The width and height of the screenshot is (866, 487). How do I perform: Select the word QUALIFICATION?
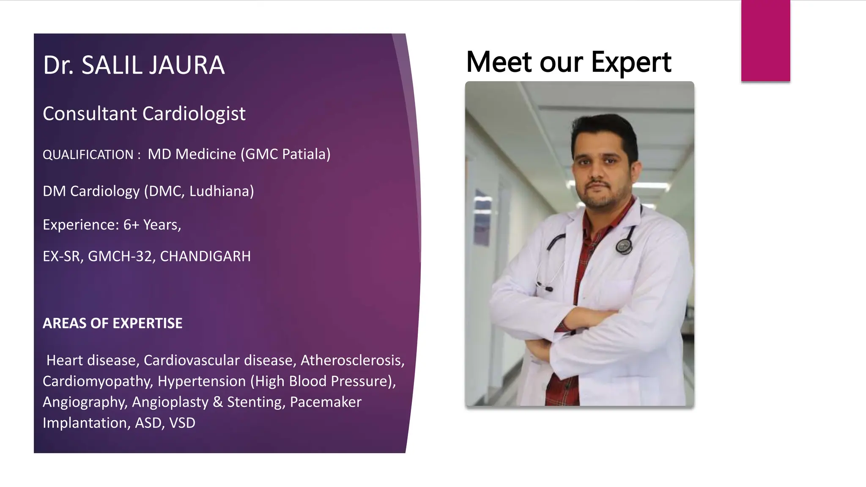pyautogui.click(x=88, y=155)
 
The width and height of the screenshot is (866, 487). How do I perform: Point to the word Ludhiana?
pyautogui.click(x=221, y=191)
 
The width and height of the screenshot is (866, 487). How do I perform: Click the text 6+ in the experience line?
pyautogui.click(x=131, y=224)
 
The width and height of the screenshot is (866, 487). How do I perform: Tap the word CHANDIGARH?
pyautogui.click(x=205, y=256)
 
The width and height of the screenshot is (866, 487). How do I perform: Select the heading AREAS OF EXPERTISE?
pyautogui.click(x=112, y=323)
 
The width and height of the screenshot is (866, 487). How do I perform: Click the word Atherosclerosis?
pyautogui.click(x=352, y=360)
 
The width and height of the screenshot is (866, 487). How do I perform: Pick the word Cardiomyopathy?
pyautogui.click(x=97, y=381)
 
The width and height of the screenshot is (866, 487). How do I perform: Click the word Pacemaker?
pyautogui.click(x=326, y=402)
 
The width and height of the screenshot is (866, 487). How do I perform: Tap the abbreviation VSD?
pyautogui.click(x=182, y=423)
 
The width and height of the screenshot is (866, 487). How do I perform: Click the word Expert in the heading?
pyautogui.click(x=631, y=63)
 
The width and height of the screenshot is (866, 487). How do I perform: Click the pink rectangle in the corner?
pyautogui.click(x=765, y=41)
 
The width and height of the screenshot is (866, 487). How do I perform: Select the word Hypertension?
pyautogui.click(x=201, y=381)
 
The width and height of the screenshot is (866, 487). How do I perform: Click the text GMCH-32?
pyautogui.click(x=120, y=256)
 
